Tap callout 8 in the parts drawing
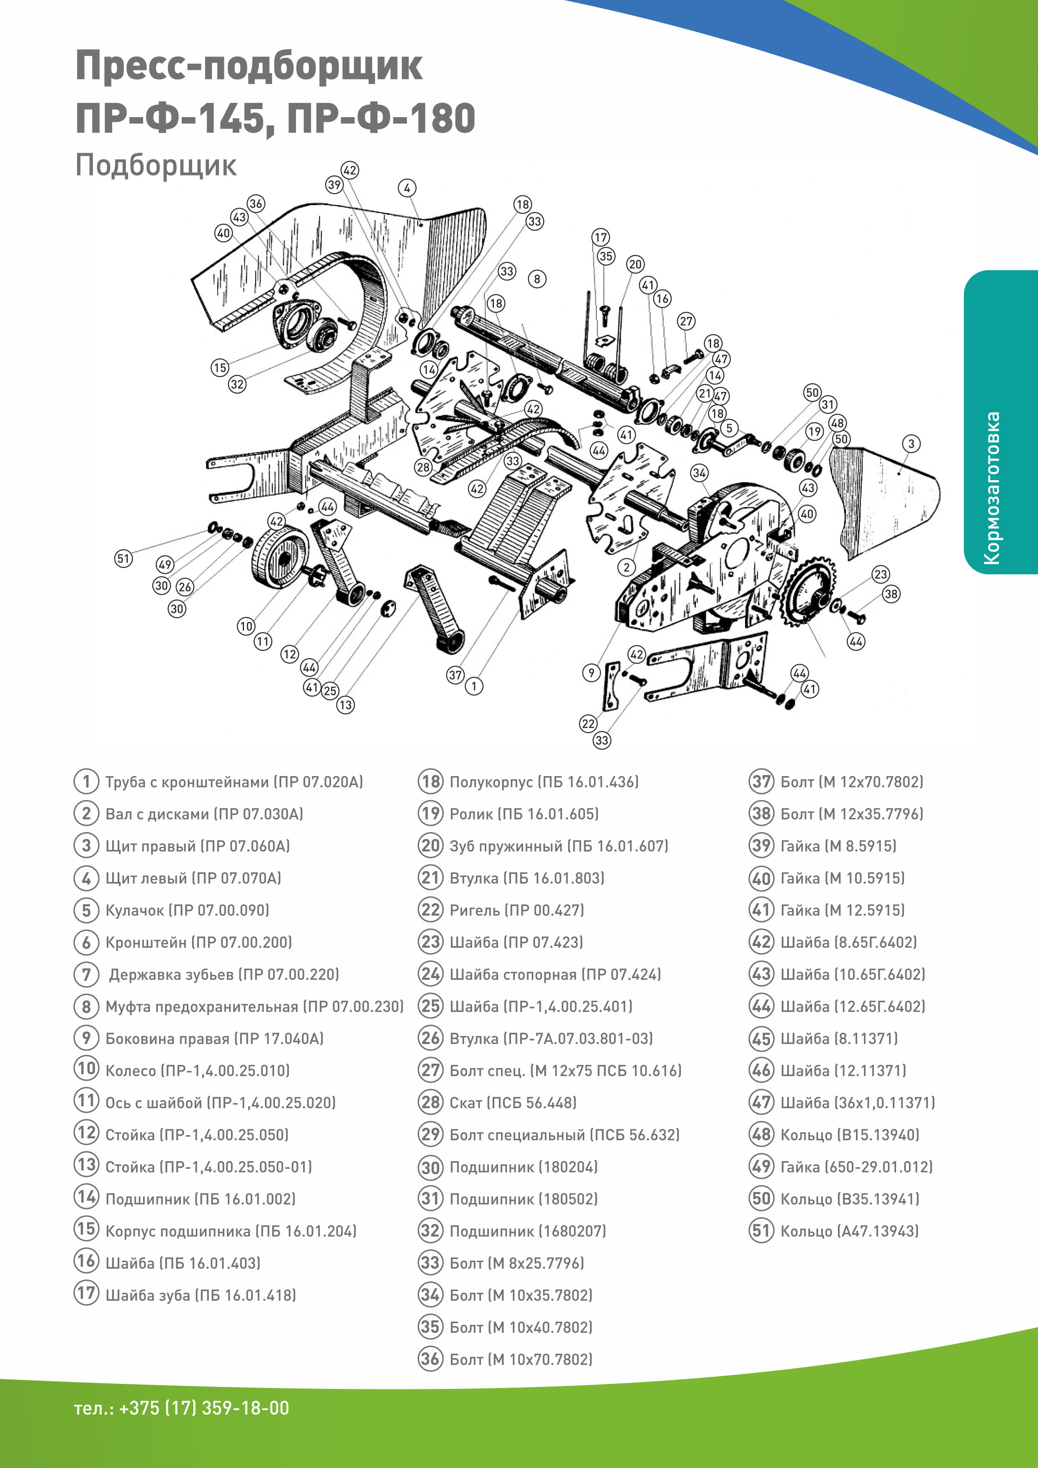(537, 279)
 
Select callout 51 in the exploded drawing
(123, 558)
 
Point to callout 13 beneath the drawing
(345, 704)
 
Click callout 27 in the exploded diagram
(686, 321)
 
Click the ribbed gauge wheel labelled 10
(280, 556)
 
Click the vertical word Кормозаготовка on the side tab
(992, 488)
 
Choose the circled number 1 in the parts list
(86, 782)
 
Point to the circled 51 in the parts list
(761, 1231)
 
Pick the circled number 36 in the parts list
(430, 1359)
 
